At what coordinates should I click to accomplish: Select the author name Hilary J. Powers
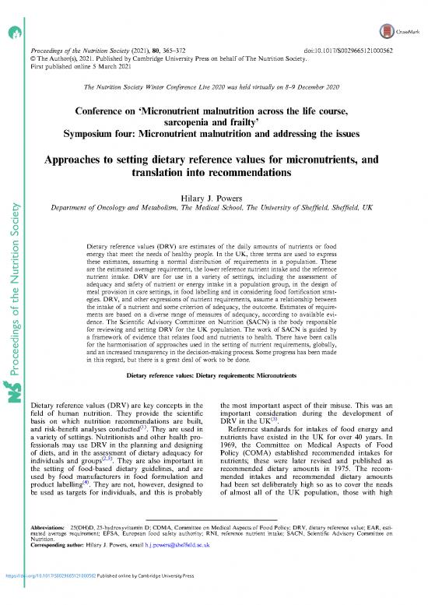pos(213,198)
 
